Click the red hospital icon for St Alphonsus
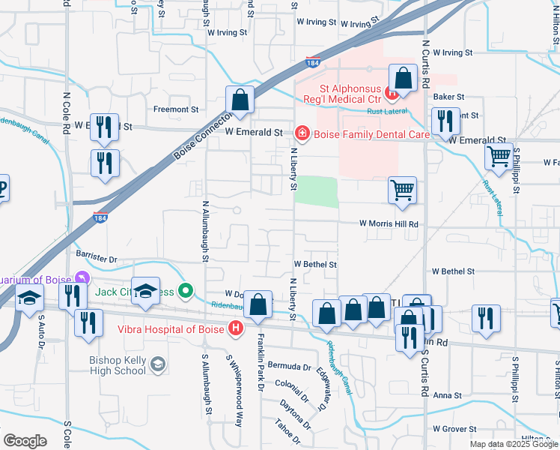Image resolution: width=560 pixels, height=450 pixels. (390, 94)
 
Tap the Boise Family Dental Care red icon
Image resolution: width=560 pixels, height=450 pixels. (302, 133)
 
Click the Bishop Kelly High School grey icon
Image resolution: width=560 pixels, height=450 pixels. (157, 364)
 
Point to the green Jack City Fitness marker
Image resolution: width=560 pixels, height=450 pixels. (187, 291)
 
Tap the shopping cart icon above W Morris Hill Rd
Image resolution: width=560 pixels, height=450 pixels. (402, 190)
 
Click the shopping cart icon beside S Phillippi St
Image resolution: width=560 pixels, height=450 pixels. (499, 157)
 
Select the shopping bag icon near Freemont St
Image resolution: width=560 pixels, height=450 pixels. (240, 99)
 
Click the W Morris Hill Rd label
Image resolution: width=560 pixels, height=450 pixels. (388, 223)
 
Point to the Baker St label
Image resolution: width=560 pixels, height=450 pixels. (449, 97)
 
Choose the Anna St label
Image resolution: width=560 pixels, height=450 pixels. (447, 395)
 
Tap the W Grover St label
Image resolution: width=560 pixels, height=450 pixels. (456, 429)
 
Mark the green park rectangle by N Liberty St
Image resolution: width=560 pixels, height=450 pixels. (316, 191)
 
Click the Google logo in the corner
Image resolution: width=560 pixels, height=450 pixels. (25, 440)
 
